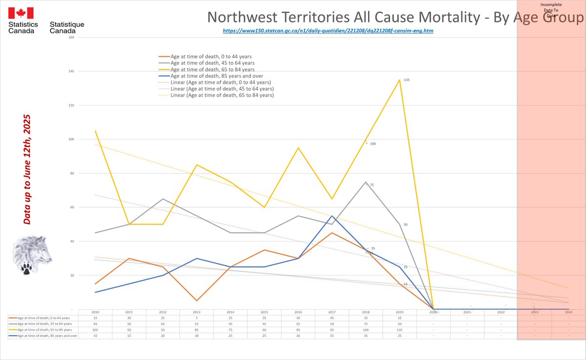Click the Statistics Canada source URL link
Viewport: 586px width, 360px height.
(x=328, y=31)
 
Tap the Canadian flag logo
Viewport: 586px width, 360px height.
(x=21, y=13)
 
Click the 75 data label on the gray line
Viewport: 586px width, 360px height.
(x=371, y=185)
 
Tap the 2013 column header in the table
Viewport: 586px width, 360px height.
(x=196, y=312)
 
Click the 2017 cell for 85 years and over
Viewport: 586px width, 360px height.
(x=331, y=336)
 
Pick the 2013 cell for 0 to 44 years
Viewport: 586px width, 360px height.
(x=196, y=318)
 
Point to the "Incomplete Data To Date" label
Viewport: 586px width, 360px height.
(x=551, y=10)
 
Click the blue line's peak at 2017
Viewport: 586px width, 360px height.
(x=332, y=216)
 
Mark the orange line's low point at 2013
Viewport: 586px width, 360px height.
(x=196, y=301)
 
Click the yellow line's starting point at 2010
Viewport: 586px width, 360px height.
(x=95, y=131)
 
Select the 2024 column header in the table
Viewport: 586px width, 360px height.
(x=568, y=312)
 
